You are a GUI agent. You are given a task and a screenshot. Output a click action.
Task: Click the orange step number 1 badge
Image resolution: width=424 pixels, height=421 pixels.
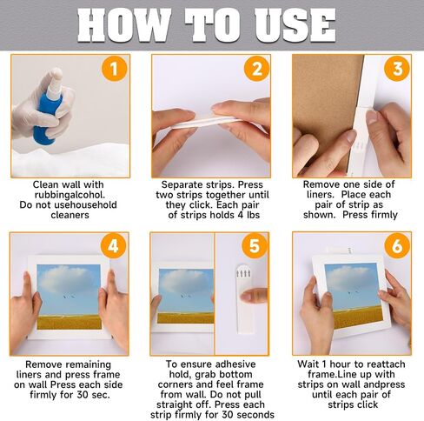click(x=114, y=69)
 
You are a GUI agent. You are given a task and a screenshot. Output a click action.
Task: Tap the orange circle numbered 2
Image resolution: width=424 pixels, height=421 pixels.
click(x=257, y=69)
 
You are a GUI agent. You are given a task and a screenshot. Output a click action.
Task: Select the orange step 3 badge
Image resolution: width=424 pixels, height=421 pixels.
click(x=397, y=69)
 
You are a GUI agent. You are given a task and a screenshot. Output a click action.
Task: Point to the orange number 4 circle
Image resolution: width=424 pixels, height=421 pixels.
click(x=113, y=246)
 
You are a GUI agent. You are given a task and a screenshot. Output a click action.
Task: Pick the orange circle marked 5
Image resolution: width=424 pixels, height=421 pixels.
click(x=255, y=246)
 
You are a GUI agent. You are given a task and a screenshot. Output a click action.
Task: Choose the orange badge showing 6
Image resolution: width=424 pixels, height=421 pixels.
click(x=397, y=246)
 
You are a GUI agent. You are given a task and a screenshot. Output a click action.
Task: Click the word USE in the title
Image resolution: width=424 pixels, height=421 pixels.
click(x=295, y=24)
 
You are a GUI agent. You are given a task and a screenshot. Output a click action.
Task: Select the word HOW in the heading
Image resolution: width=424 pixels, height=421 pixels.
click(x=123, y=24)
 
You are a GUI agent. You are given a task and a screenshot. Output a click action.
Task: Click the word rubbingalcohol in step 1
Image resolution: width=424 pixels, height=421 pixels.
click(x=70, y=195)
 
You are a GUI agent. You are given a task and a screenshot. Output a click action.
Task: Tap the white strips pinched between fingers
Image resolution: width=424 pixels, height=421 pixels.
click(x=207, y=122)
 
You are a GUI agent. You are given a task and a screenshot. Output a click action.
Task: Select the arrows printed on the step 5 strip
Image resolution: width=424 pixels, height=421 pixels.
click(x=243, y=274)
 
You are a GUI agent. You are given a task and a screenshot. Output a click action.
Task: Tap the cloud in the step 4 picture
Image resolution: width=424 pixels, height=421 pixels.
click(x=67, y=277)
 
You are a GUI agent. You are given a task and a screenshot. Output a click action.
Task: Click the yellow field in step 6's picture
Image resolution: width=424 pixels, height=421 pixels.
click(x=358, y=317)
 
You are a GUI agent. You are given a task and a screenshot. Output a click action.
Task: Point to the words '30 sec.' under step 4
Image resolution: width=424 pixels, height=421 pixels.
click(x=94, y=395)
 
